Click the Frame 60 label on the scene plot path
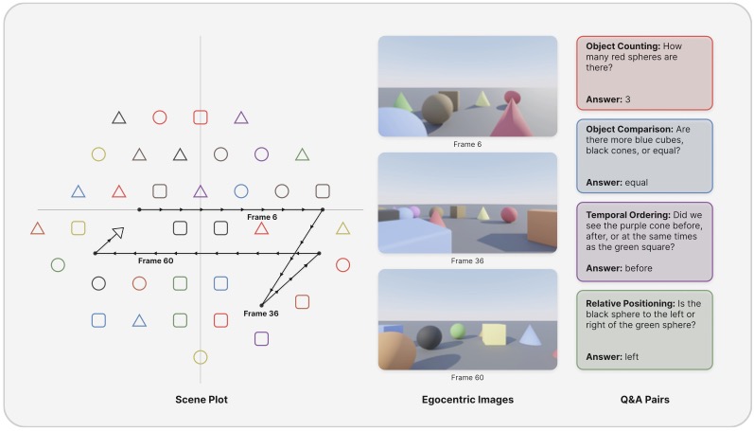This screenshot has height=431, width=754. click(x=155, y=260)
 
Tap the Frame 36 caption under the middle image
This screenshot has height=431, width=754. click(x=467, y=260)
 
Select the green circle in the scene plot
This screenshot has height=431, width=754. click(x=58, y=264)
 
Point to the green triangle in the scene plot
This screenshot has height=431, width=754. click(x=302, y=154)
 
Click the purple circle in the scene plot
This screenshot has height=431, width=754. click(x=262, y=153)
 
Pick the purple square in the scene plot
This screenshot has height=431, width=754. click(x=262, y=338)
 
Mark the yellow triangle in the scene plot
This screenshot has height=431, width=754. click(x=342, y=228)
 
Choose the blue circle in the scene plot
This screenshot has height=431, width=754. click(x=241, y=191)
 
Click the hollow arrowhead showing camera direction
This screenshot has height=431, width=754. click(x=117, y=232)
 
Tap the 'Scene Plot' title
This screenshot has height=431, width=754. click(x=201, y=400)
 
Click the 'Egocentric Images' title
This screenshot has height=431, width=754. click(x=467, y=400)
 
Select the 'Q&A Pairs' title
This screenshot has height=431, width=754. click(x=643, y=400)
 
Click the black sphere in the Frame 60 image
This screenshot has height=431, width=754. click(x=430, y=337)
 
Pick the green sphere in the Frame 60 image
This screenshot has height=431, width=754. click(x=458, y=331)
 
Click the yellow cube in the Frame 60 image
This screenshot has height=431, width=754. click(x=493, y=334)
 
